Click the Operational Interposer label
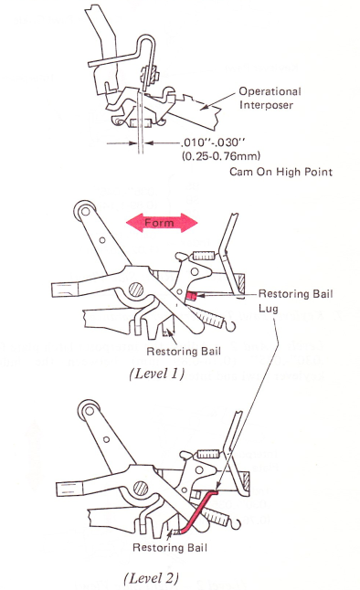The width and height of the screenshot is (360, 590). [x=270, y=98]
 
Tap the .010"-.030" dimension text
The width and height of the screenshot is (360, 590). [x=213, y=142]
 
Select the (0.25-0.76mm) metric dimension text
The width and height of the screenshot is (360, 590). [x=221, y=155]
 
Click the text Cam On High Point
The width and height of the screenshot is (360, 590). [x=281, y=172]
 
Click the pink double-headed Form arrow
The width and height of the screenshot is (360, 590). [x=162, y=222]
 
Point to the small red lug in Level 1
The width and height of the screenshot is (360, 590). [x=190, y=296]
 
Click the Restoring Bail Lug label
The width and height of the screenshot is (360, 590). [x=296, y=301]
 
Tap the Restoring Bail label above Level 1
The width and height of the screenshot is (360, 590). [x=184, y=351]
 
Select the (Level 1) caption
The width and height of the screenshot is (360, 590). [x=156, y=374]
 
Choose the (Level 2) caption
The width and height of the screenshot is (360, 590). [x=151, y=577]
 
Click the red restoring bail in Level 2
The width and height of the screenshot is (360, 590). [x=197, y=511]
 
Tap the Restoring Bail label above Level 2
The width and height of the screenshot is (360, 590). [x=170, y=547]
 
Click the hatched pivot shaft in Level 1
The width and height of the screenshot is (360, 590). [x=136, y=290]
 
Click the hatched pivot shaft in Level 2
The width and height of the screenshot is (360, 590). [x=141, y=488]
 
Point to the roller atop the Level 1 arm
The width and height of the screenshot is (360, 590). [x=85, y=211]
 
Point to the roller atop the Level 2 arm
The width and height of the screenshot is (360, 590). [x=89, y=410]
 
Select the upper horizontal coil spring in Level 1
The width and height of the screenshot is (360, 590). [x=204, y=257]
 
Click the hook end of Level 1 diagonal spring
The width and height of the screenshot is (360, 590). [x=230, y=326]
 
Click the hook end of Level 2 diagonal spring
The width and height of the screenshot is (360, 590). [x=234, y=524]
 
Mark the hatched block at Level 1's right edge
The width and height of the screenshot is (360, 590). [x=239, y=284]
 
